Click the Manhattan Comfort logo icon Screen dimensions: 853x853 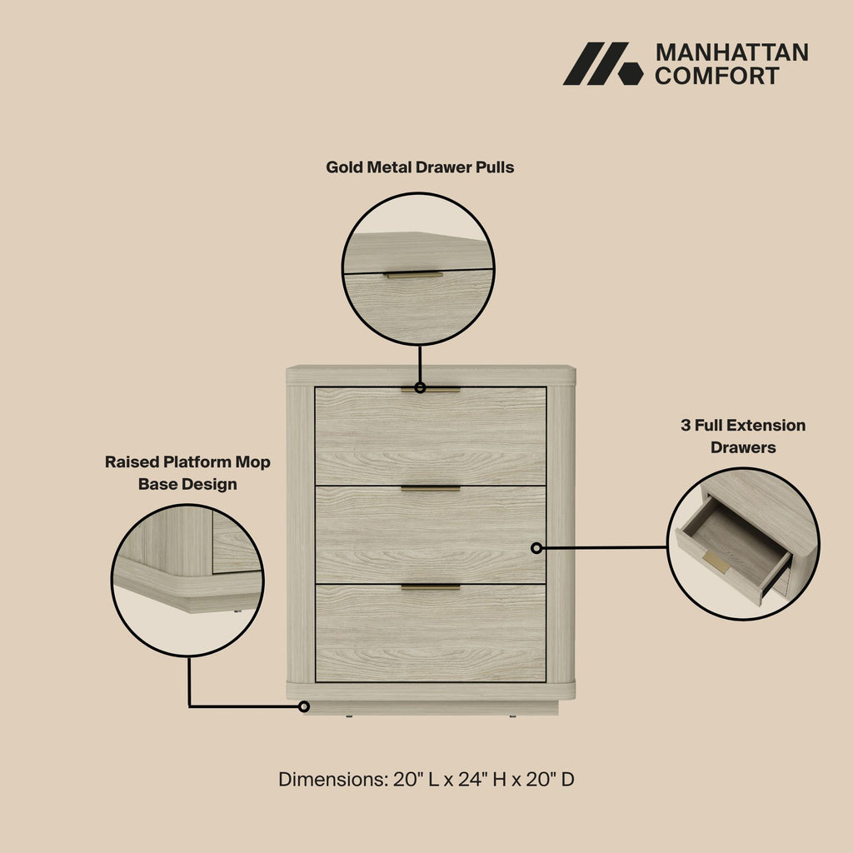click(x=602, y=63)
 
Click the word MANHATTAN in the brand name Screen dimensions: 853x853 click(x=731, y=52)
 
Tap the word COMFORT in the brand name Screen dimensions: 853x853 click(x=717, y=76)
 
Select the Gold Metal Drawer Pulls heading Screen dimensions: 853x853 click(x=420, y=167)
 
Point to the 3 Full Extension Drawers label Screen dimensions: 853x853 click(x=743, y=436)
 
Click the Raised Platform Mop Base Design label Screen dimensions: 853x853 click(x=187, y=473)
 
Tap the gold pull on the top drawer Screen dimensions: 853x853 click(x=430, y=389)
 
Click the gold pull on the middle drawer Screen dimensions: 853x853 click(x=430, y=488)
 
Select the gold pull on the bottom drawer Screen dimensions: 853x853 click(x=430, y=587)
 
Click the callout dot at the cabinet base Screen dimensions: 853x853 click(x=304, y=706)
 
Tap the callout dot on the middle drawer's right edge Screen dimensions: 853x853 click(x=536, y=548)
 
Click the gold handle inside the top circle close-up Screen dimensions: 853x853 click(x=413, y=274)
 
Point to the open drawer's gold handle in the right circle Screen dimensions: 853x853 click(x=716, y=562)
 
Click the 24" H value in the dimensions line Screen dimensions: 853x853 click(x=478, y=781)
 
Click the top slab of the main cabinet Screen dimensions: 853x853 click(x=430, y=375)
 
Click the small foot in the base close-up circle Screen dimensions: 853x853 click(x=237, y=611)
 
